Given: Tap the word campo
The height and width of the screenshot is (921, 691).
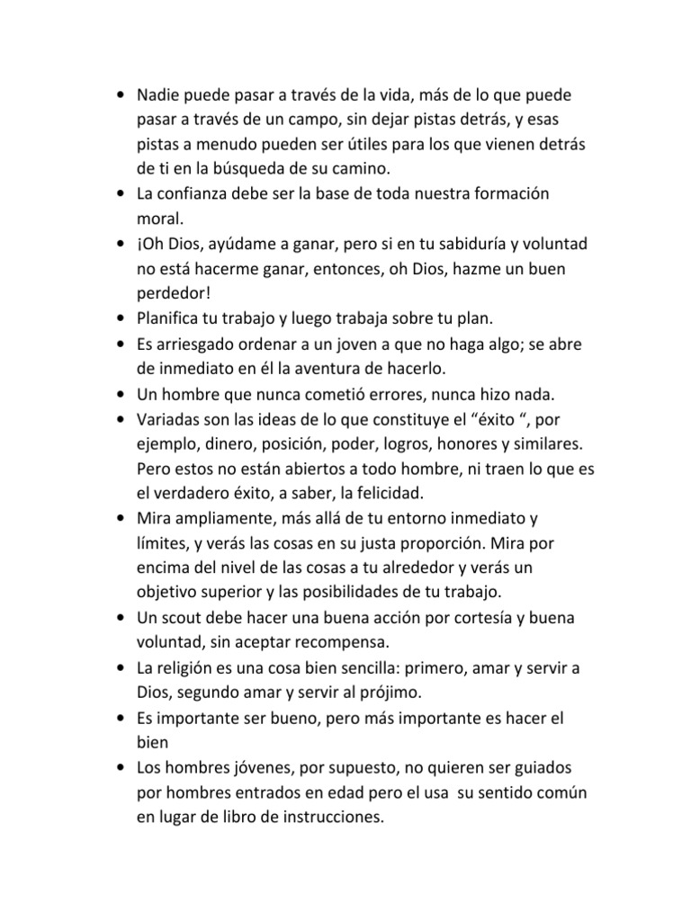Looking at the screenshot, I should [x=324, y=120].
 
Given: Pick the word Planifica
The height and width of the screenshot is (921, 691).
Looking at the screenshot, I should [x=170, y=319].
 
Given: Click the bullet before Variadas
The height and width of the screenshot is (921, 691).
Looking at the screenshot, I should [x=121, y=420].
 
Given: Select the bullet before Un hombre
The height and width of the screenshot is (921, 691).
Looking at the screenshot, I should [x=121, y=395].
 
